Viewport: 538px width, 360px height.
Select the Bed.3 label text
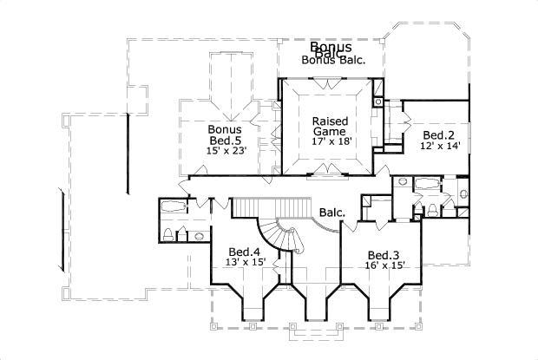click(x=383, y=254)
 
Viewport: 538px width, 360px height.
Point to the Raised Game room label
click(x=329, y=125)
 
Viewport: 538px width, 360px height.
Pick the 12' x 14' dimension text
click(x=439, y=147)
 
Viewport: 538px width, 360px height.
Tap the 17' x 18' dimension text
click(x=330, y=141)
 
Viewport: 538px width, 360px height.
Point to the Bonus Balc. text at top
click(x=333, y=60)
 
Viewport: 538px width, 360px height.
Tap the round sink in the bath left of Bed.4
click(x=199, y=235)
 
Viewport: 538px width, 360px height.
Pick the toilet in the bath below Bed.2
click(x=431, y=209)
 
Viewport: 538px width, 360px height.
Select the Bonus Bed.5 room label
click(x=223, y=134)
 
